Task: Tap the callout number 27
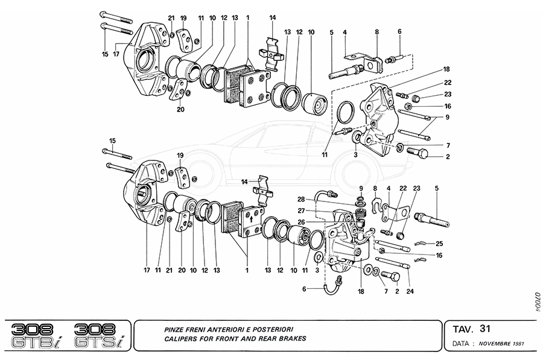300,210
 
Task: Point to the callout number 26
300,221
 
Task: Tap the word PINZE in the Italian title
176,329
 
